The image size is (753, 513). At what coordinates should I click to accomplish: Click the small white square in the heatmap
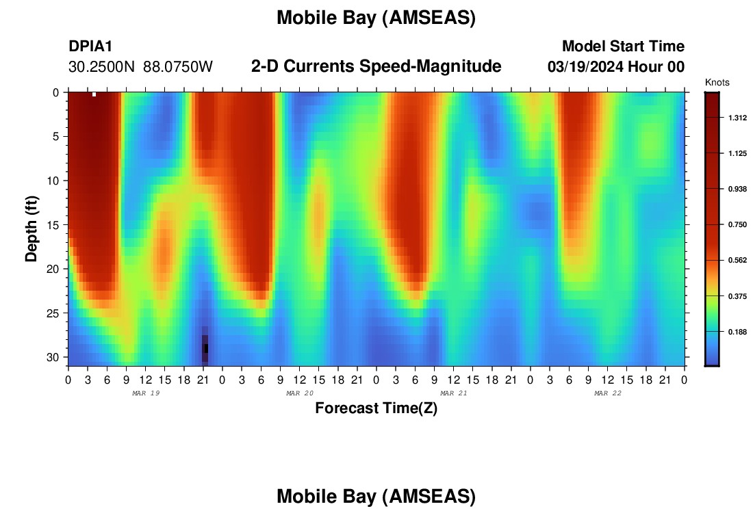[94, 94]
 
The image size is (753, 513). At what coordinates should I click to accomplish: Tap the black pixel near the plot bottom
[206, 348]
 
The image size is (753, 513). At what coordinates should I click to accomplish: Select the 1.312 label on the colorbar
[737, 118]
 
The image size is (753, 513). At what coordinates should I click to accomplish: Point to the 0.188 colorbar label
[737, 332]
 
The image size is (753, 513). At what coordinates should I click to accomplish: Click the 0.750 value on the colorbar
[737, 224]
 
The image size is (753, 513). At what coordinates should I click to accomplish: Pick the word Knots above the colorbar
[717, 82]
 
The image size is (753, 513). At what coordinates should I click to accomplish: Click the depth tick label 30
[52, 358]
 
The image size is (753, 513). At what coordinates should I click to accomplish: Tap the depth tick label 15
[52, 225]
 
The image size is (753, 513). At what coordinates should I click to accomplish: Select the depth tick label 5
[55, 137]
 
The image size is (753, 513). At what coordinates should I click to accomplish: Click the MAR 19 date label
[146, 393]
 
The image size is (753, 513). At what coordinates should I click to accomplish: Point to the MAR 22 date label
[608, 393]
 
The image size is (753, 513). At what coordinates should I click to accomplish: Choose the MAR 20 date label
[300, 393]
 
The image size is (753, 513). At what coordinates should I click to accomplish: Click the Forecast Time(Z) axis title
[376, 408]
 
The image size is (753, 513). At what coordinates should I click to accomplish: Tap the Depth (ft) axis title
[31, 228]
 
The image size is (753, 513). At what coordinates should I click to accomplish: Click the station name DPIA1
[90, 46]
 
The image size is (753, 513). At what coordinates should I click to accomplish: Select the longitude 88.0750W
[178, 67]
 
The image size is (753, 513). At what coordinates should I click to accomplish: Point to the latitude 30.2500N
[101, 67]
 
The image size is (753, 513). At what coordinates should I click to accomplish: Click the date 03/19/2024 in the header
[585, 67]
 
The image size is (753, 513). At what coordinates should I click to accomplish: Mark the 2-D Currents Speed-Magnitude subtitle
[376, 66]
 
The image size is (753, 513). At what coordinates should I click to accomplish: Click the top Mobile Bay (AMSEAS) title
[376, 18]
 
